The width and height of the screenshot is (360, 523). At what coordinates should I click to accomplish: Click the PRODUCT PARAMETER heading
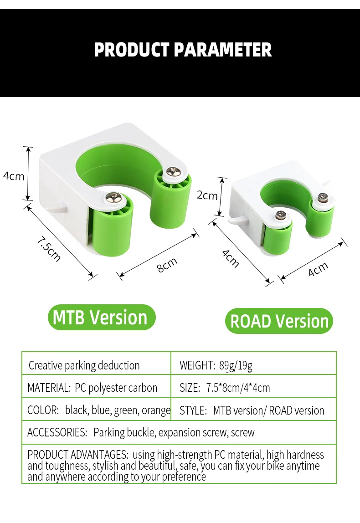[x=183, y=50]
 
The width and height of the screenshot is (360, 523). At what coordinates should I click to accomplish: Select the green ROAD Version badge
[x=279, y=321]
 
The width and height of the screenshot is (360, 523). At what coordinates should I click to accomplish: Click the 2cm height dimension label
[x=207, y=195]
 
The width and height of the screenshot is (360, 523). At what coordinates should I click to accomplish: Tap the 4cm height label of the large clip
[x=13, y=176]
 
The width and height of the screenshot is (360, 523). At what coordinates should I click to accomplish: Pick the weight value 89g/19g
[x=236, y=365]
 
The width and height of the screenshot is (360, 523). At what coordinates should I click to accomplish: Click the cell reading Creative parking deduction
[x=84, y=365]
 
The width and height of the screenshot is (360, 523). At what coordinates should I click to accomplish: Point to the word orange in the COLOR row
[x=156, y=410]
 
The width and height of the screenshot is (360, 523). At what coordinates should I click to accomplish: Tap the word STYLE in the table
[x=193, y=410]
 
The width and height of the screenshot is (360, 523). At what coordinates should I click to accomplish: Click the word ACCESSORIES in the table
[x=57, y=432]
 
